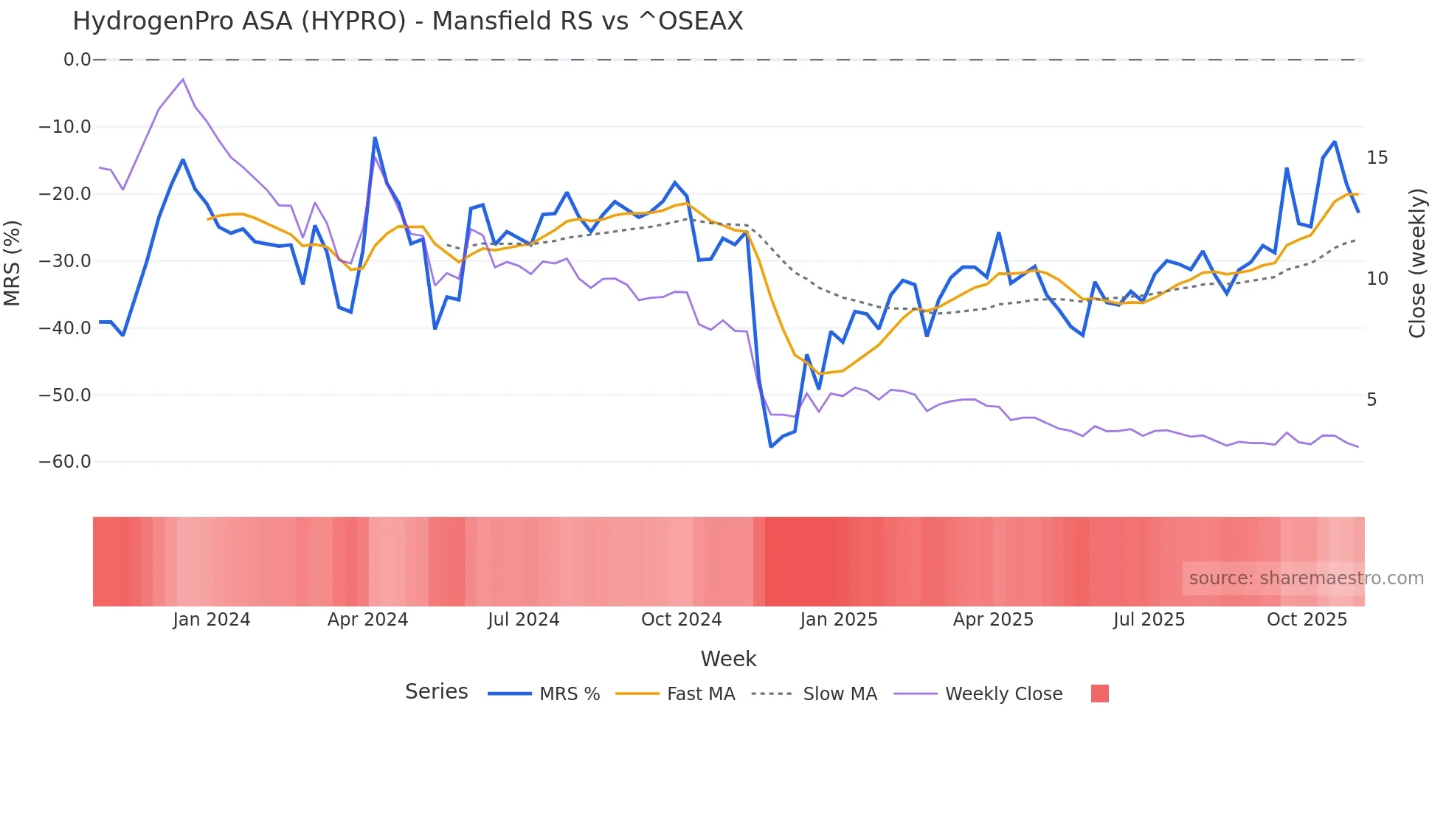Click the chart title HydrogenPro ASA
pyautogui.click(x=407, y=21)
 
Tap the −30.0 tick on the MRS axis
pyautogui.click(x=65, y=261)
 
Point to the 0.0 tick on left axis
pyautogui.click(x=77, y=60)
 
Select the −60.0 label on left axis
pyautogui.click(x=65, y=463)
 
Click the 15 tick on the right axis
pyautogui.click(x=1377, y=158)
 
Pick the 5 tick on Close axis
pyautogui.click(x=1371, y=400)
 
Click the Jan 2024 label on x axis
pyautogui.click(x=212, y=620)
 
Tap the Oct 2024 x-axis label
pyautogui.click(x=681, y=620)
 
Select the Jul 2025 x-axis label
pyautogui.click(x=1149, y=620)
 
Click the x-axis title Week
pyautogui.click(x=728, y=659)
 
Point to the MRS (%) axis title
pyautogui.click(x=13, y=263)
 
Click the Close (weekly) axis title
pyautogui.click(x=1417, y=263)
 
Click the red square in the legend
pyautogui.click(x=1099, y=693)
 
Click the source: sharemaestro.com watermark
pyautogui.click(x=1306, y=578)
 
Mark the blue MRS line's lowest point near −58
pyautogui.click(x=771, y=446)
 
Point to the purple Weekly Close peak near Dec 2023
pyautogui.click(x=183, y=80)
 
